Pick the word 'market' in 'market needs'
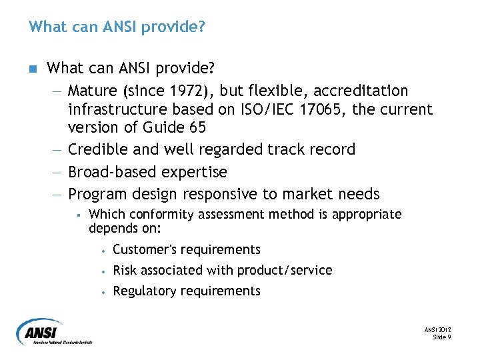pyautogui.click(x=304, y=195)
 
